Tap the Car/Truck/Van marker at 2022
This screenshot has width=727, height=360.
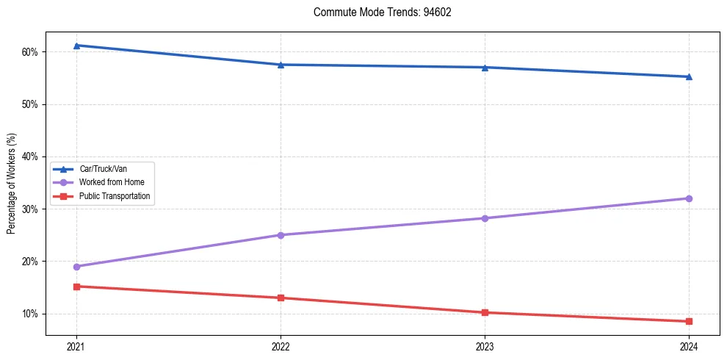[281, 65]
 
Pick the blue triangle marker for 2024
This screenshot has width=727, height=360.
[689, 76]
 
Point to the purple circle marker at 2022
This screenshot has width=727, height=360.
[281, 235]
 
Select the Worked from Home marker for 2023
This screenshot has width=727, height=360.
[485, 218]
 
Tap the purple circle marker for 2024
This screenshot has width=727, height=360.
[689, 198]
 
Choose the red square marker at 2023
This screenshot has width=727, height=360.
[485, 312]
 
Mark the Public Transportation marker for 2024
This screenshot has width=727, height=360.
[689, 321]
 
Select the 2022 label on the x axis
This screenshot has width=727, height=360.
[281, 346]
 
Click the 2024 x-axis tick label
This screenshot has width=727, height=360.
[689, 346]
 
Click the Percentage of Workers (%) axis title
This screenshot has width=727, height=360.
[12, 183]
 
